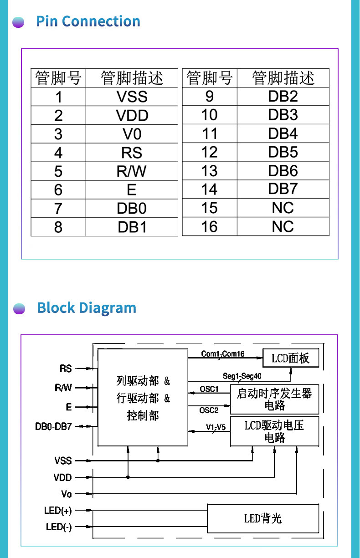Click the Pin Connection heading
pos(88,21)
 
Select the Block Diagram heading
pos(87,308)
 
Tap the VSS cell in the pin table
pos(132,97)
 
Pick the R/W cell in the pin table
pos(132,171)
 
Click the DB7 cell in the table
pos(283,189)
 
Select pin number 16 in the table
pos(209,226)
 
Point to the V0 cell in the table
pos(132,134)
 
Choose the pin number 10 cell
pos(209,115)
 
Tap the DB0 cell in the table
pos(132,209)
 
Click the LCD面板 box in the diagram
pos(290,358)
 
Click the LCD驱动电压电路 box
pos(274,431)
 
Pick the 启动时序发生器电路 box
pos(274,399)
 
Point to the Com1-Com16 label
pos(223,354)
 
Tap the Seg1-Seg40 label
pos(242,376)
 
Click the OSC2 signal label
pos(209,410)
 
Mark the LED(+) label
pos(58,511)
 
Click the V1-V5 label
pos(216,427)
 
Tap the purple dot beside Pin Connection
pos(19,22)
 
